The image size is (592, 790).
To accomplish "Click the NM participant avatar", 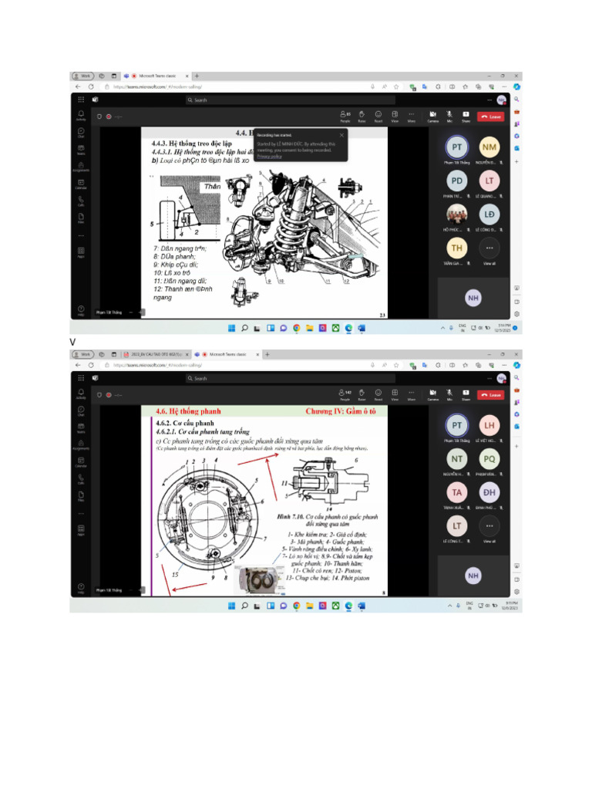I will (x=489, y=147).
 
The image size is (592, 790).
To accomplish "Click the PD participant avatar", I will (x=457, y=181).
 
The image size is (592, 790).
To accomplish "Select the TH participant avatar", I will (x=457, y=248).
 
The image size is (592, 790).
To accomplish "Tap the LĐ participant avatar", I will (x=489, y=214).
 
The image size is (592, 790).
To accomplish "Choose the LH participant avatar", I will (x=489, y=424).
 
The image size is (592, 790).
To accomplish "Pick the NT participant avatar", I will (x=457, y=458).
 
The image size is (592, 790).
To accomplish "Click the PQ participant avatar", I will (x=489, y=458).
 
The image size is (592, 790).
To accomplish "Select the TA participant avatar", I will (x=457, y=492).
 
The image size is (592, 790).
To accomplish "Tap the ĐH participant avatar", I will (x=489, y=492).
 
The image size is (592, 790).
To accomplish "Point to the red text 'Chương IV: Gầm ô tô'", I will (x=339, y=411).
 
